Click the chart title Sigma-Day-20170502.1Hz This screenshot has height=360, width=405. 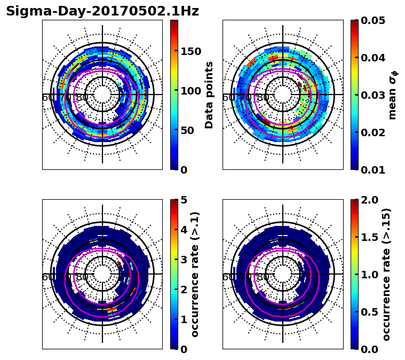(102, 11)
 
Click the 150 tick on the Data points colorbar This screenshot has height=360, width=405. (190, 51)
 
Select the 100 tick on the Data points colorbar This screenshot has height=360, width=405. (190, 91)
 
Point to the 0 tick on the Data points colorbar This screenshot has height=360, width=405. (184, 170)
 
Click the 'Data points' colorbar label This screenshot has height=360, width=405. (209, 95)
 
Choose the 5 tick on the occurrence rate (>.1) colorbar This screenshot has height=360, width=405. (184, 200)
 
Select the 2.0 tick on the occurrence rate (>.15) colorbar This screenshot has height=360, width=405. (371, 200)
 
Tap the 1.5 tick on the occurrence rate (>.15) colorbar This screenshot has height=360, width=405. (371, 237)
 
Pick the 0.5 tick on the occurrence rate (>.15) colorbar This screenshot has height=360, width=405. (371, 312)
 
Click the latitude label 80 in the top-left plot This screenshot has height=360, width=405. (82, 98)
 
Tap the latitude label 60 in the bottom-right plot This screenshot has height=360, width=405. (228, 277)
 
